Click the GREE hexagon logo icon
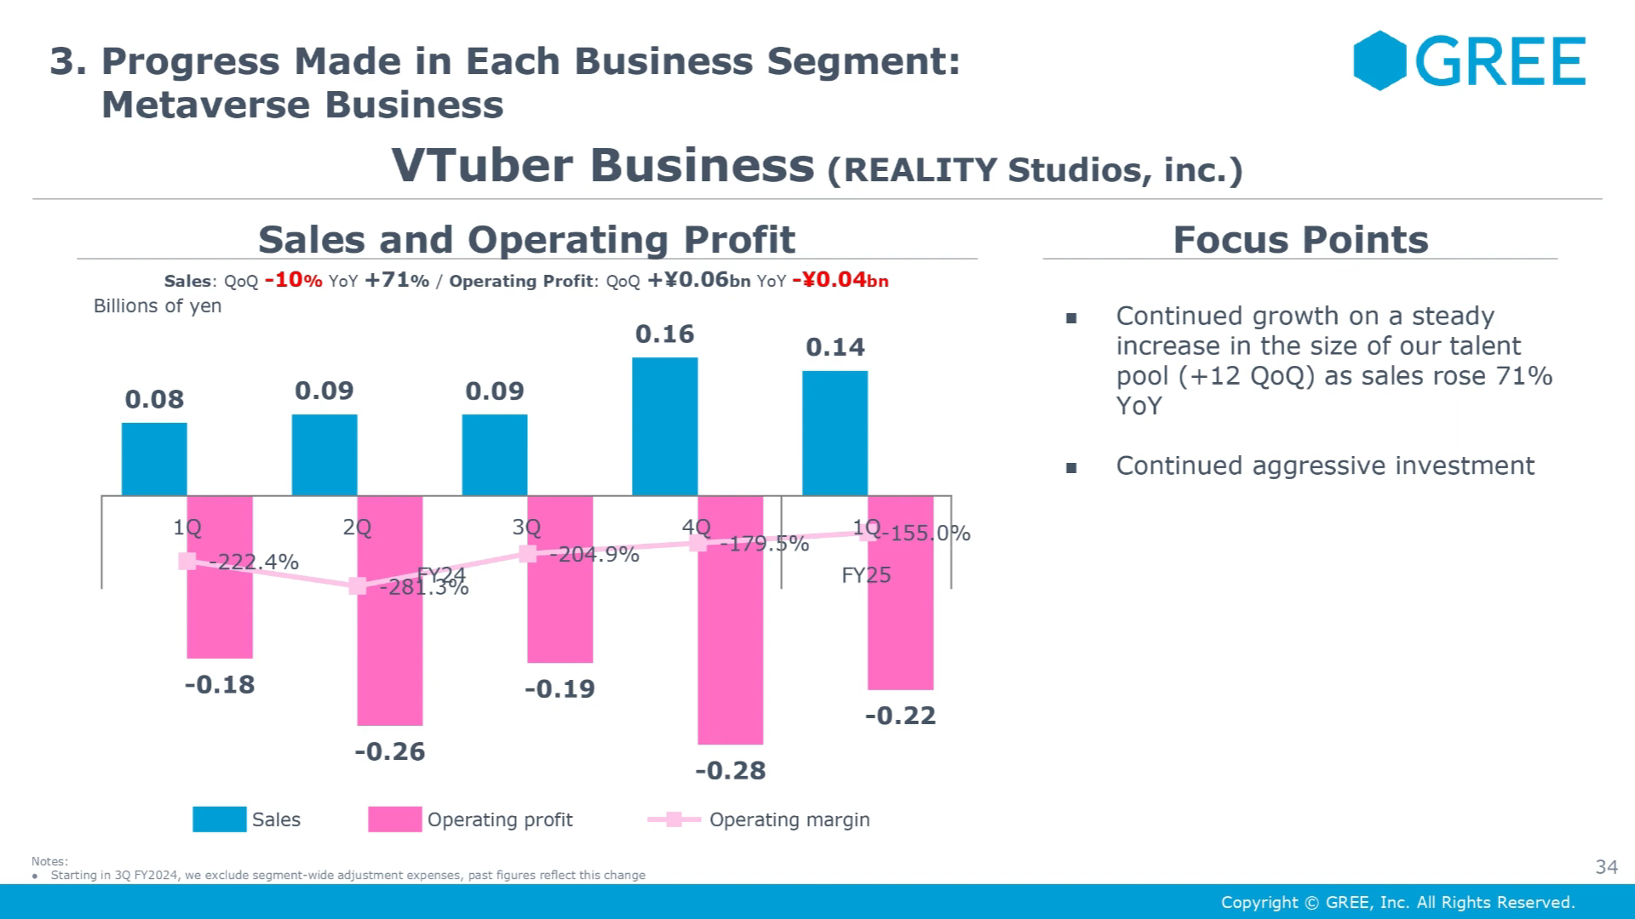coord(1380,60)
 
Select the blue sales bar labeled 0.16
coord(664,425)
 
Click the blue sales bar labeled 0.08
coord(154,459)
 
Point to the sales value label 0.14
coord(835,347)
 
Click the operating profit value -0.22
coord(900,716)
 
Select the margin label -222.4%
coord(253,562)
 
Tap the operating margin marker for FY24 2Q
coord(358,585)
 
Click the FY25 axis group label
coord(866,575)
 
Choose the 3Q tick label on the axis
coord(526,528)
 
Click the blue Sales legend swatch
coord(219,819)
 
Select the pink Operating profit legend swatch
coord(394,819)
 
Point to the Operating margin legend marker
coord(674,819)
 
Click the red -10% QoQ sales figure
coord(293,280)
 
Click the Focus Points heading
coord(1300,240)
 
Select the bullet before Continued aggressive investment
coord(1071,467)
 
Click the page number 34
coord(1606,867)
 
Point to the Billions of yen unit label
coord(158,306)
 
